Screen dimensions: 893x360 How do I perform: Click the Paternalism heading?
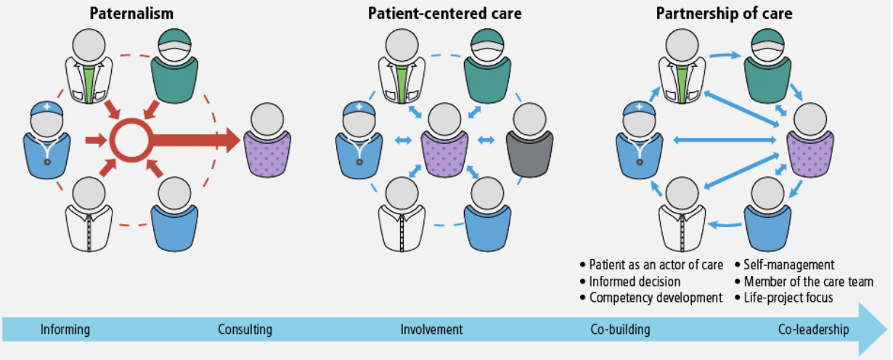(131, 14)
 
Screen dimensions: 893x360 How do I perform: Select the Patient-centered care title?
(444, 14)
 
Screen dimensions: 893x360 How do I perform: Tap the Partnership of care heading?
(724, 14)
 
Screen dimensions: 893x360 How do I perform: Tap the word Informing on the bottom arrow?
(65, 330)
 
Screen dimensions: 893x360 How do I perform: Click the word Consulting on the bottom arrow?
(245, 330)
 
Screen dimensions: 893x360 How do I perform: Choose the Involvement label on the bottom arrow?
(431, 330)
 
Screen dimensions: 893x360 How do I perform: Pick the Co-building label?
(620, 330)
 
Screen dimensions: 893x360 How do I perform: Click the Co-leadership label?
(813, 330)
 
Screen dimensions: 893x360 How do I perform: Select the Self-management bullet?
(785, 265)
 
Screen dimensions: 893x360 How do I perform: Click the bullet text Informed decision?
(630, 282)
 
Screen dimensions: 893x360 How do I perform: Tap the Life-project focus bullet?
(784, 298)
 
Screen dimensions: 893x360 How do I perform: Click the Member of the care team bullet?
(804, 282)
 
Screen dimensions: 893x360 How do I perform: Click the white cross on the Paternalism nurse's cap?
(47, 107)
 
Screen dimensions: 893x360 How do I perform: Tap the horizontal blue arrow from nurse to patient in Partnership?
(725, 140)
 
